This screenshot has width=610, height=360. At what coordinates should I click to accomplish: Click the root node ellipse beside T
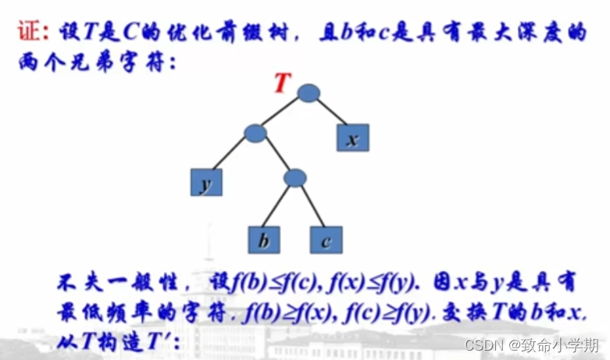(309, 93)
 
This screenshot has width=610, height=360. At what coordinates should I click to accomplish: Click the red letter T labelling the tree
(283, 83)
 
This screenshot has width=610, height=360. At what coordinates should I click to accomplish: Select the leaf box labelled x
(353, 138)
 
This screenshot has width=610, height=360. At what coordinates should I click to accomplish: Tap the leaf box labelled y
(207, 182)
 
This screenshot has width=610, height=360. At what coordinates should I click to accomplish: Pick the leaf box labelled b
(265, 240)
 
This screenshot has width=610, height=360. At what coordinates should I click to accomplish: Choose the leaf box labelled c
(326, 240)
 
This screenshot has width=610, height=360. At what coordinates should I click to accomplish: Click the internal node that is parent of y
(255, 133)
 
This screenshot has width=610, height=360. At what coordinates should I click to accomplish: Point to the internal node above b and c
(294, 178)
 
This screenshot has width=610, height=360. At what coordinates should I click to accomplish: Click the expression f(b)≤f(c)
(260, 280)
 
